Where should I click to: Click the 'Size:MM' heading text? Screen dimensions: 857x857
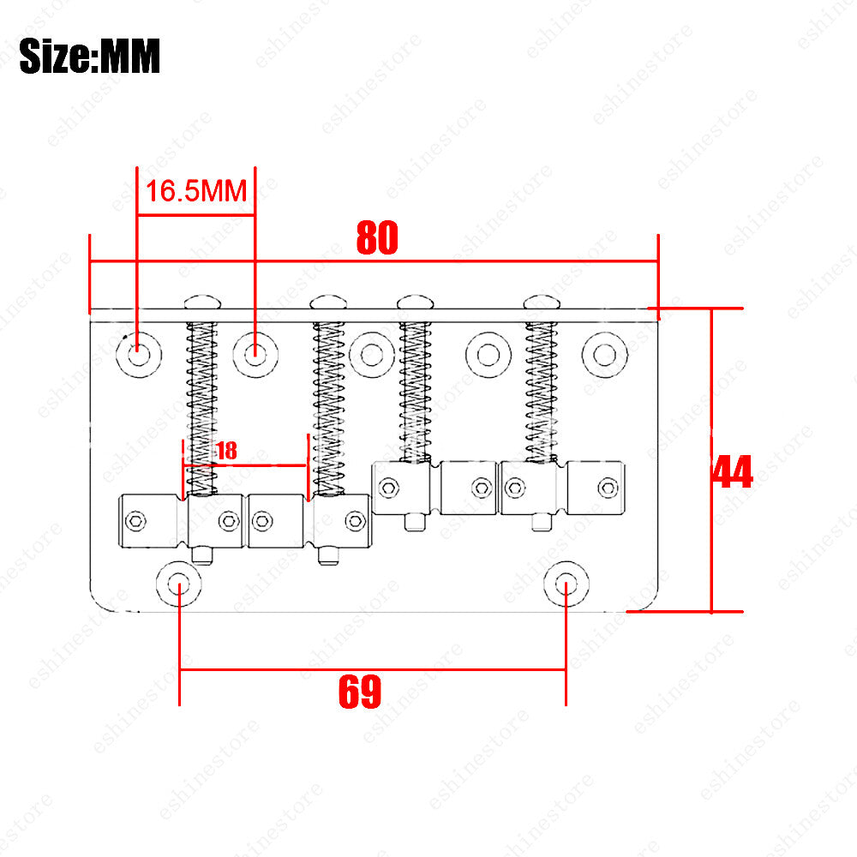pos(90,56)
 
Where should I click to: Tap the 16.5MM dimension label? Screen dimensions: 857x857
pos(196,191)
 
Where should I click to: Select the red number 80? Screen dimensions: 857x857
pos(377,237)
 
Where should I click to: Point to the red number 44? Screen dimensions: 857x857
pos(733,471)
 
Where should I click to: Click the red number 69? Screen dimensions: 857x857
pos(360,692)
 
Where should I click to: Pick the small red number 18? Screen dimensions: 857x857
pos(227,451)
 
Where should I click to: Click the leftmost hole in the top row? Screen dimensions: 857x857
pos(139,355)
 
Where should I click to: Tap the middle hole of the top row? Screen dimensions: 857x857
pos(372,355)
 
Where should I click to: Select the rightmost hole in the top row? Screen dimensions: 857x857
pos(604,355)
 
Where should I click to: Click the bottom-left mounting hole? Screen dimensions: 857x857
pos(179,584)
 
